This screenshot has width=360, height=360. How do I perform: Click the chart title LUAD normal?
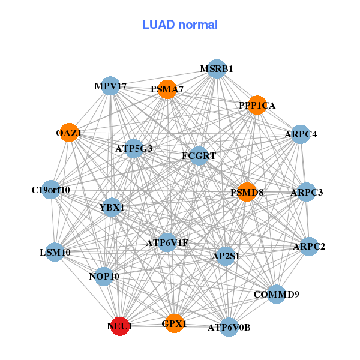click(180, 25)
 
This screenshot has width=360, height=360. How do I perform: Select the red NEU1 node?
click(120, 326)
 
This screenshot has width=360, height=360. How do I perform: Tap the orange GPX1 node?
click(174, 323)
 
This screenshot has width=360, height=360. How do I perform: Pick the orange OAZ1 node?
click(69, 133)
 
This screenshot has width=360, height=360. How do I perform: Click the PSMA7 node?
click(167, 89)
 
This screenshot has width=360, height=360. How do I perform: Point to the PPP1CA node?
click(257, 106)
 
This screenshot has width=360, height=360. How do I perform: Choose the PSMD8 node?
click(247, 193)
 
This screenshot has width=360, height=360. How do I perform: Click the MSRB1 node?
click(216, 69)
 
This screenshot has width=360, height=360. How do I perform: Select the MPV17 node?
click(110, 86)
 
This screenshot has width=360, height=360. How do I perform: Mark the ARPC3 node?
click(307, 193)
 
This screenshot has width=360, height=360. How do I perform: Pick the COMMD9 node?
click(276, 294)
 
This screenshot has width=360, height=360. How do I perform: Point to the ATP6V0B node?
click(229, 327)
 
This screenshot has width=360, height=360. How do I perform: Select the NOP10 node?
click(104, 276)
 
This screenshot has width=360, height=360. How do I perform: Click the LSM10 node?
click(55, 252)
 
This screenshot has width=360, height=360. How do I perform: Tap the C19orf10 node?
click(51, 190)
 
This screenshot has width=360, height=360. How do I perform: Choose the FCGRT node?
click(199, 156)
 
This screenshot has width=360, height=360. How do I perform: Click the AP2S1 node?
click(226, 256)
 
